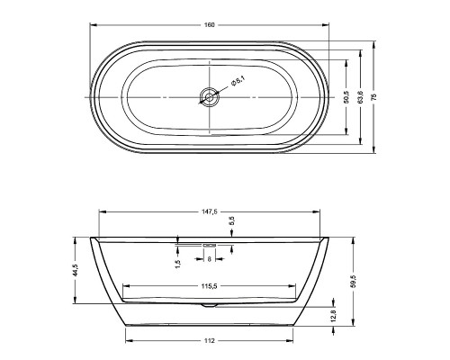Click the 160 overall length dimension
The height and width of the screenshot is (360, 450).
(x=210, y=25)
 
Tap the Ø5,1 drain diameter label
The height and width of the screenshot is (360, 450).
(x=238, y=82)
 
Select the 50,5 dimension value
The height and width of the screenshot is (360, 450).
(x=346, y=97)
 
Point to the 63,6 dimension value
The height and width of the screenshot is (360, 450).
(x=361, y=97)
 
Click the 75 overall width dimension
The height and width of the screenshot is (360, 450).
(x=373, y=97)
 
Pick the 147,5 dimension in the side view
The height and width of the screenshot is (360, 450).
(x=210, y=211)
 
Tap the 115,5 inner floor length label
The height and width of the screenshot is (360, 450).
(x=210, y=286)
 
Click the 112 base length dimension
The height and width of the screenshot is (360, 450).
(x=210, y=340)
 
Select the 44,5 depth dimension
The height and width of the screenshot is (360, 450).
(x=76, y=270)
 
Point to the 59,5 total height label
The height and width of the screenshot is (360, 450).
(x=354, y=282)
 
